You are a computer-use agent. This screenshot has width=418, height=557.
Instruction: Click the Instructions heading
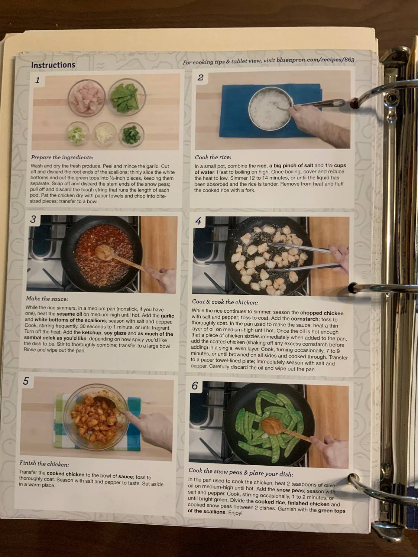coord(53,65)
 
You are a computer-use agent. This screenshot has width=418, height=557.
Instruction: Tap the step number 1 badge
coord(37,80)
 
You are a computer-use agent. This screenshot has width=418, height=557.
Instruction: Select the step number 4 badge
coord(198,221)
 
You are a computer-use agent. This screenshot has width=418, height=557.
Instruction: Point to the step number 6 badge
coord(195,386)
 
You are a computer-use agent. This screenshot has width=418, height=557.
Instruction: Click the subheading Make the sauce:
coord(47,299)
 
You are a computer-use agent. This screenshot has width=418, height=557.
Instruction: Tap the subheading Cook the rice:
coord(213,157)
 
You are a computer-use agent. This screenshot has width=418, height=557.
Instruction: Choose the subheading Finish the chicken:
coord(44,464)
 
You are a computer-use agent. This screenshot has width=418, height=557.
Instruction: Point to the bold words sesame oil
coord(69,315)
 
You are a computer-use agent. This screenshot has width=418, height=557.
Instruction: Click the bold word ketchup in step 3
coord(91,333)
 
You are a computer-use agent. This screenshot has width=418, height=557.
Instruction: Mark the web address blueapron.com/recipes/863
coord(315,60)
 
